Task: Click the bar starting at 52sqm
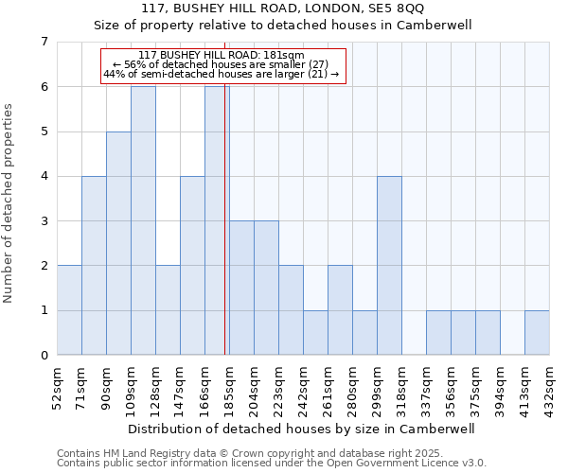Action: point(69,310)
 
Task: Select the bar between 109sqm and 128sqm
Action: point(143,220)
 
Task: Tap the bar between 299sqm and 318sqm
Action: point(389,265)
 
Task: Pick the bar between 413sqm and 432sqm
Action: point(537,332)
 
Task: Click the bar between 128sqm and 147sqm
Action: point(168,310)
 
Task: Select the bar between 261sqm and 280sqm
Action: point(340,310)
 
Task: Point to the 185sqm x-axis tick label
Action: point(229,386)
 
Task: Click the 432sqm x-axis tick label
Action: point(549,386)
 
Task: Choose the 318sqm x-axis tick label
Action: point(401,386)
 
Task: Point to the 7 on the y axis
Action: point(44,42)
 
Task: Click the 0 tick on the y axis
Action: point(44,356)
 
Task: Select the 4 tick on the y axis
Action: point(44,176)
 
